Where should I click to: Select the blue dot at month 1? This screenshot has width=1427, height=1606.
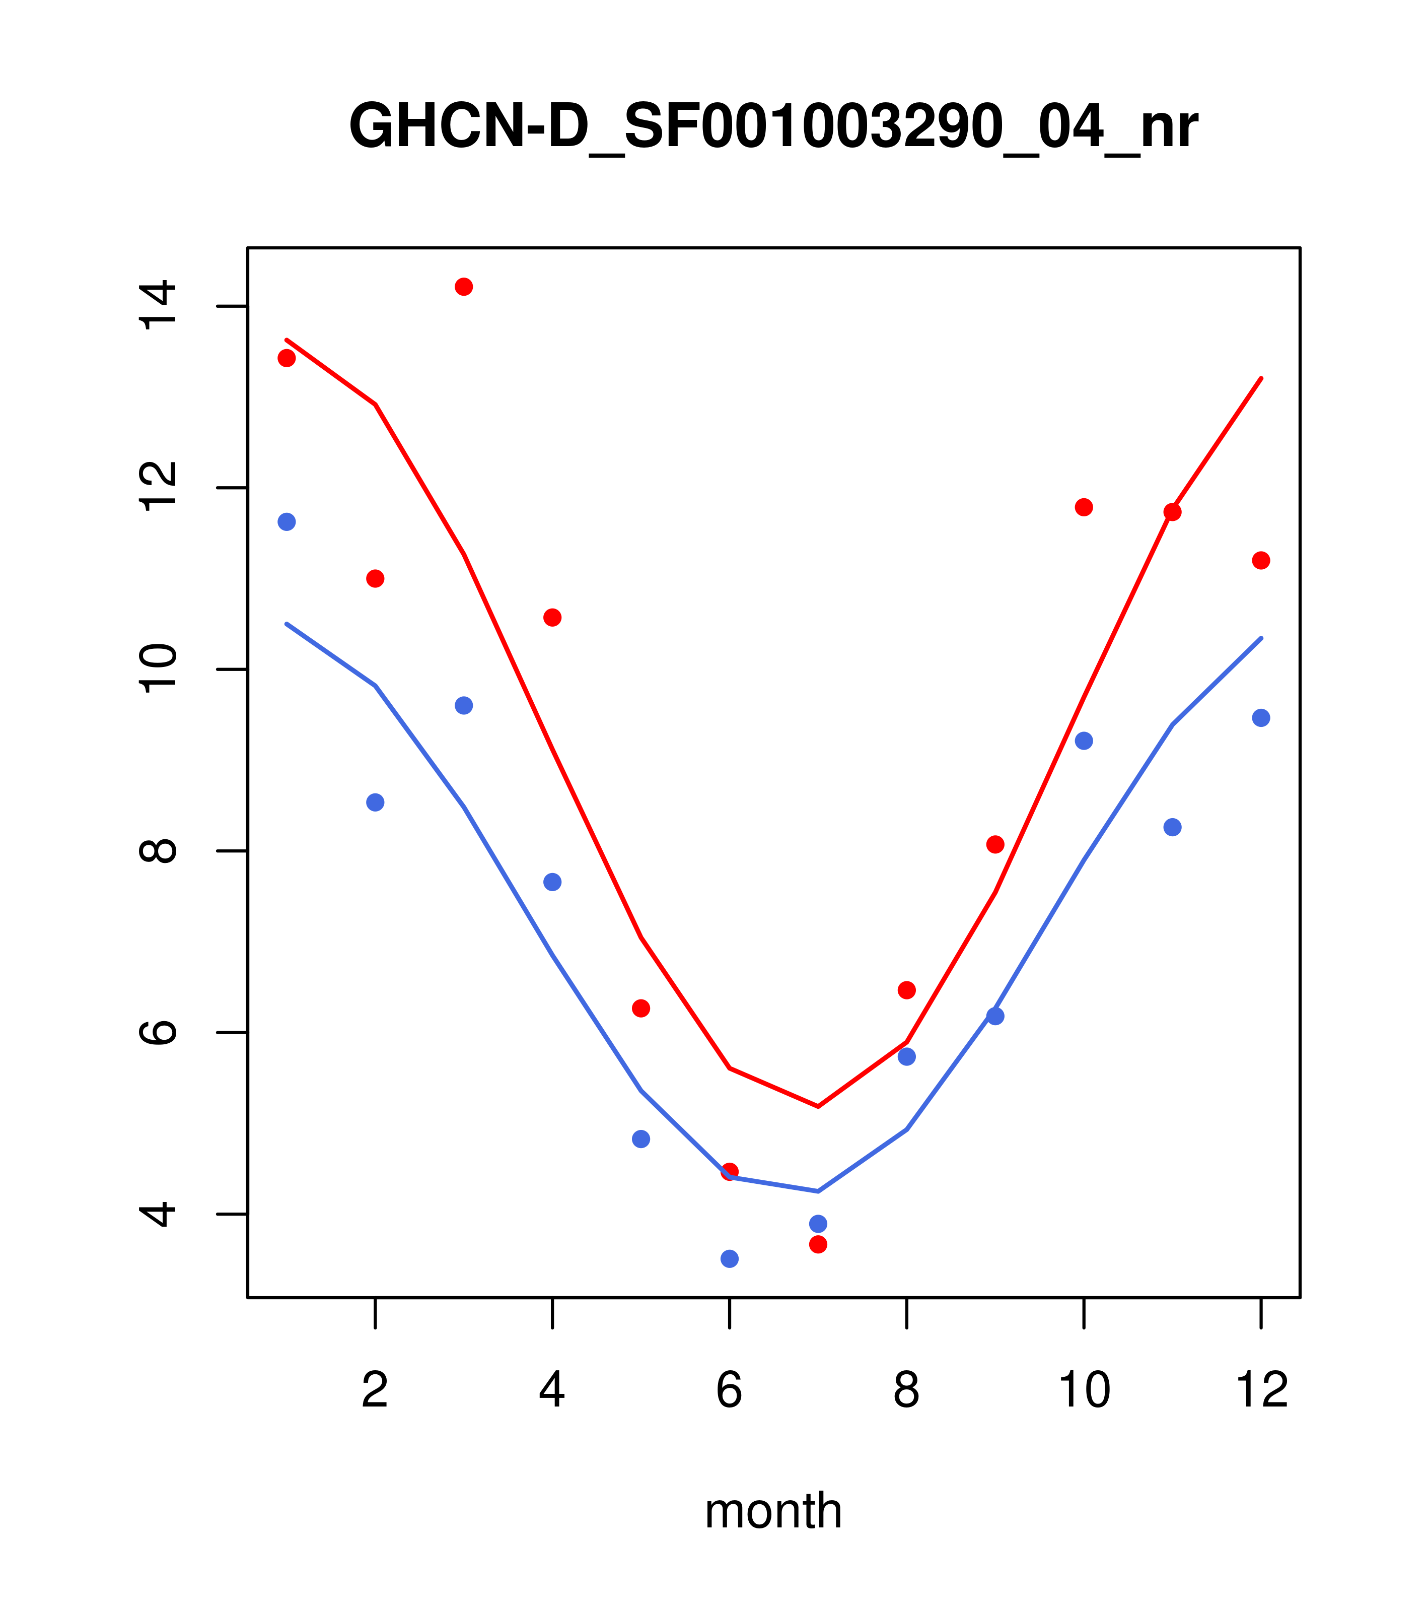pyautogui.click(x=287, y=522)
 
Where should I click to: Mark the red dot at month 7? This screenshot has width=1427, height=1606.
pyautogui.click(x=818, y=1244)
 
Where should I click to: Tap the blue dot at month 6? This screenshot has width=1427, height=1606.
pyautogui.click(x=730, y=1259)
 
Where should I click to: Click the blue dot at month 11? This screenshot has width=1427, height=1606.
pyautogui.click(x=1173, y=827)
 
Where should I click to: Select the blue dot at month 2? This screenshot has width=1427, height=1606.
pyautogui.click(x=376, y=802)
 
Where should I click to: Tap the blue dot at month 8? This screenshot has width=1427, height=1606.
pyautogui.click(x=906, y=1057)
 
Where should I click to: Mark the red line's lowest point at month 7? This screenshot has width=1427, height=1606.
pyautogui.click(x=818, y=1106)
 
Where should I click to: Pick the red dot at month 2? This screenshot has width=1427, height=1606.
pyautogui.click(x=376, y=578)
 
